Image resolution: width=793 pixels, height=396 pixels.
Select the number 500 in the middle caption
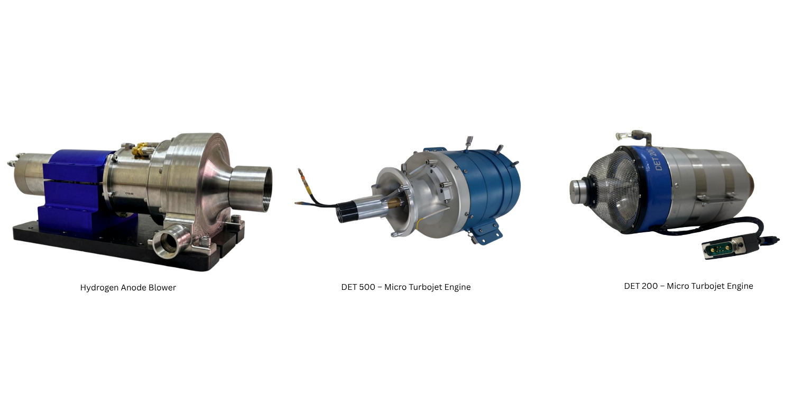click(x=367, y=287)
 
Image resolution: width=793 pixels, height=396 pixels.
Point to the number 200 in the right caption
click(x=650, y=286)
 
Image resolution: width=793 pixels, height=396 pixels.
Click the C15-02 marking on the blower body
click(x=129, y=194)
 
